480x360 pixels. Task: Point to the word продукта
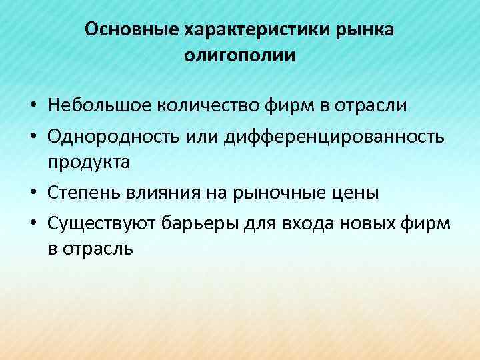(89, 163)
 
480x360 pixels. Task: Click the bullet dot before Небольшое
(32, 106)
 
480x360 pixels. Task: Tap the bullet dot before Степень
(32, 193)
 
